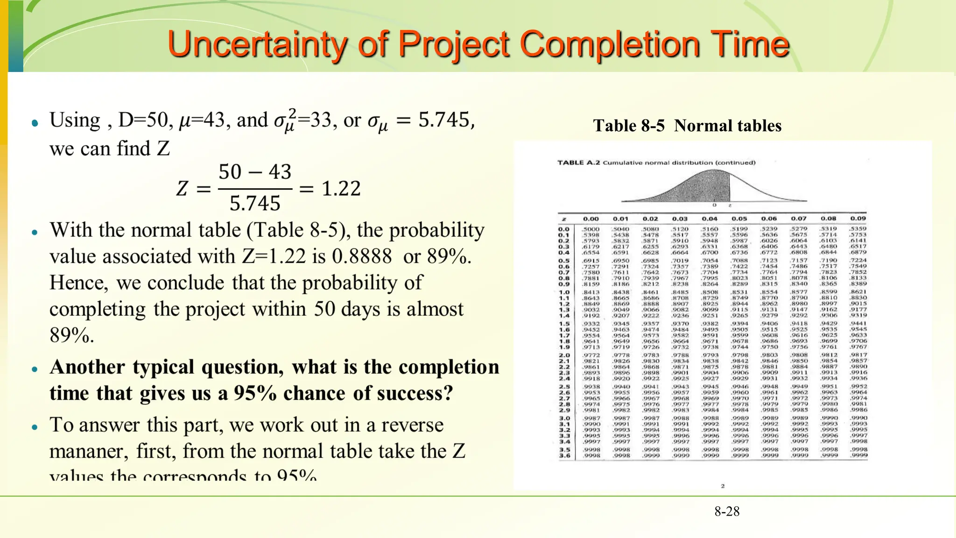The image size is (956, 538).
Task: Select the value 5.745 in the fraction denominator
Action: click(x=255, y=204)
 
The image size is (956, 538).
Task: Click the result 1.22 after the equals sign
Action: click(x=341, y=189)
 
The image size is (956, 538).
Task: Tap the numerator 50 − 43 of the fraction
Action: click(x=255, y=172)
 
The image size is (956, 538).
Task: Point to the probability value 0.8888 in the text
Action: click(x=362, y=256)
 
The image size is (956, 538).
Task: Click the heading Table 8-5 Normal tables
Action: click(x=687, y=126)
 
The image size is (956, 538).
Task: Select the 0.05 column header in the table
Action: click(x=739, y=219)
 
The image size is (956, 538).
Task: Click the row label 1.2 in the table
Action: click(x=564, y=304)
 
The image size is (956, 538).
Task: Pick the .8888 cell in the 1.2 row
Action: click(x=650, y=304)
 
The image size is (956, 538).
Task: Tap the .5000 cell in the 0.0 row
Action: click(x=590, y=229)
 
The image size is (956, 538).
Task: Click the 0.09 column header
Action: click(x=858, y=219)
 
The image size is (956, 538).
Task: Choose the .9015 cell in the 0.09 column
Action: click(x=858, y=304)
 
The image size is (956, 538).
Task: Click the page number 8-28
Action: click(x=727, y=511)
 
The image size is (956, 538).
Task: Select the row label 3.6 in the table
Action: click(x=564, y=455)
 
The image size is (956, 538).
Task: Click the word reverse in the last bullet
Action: click(x=412, y=425)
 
